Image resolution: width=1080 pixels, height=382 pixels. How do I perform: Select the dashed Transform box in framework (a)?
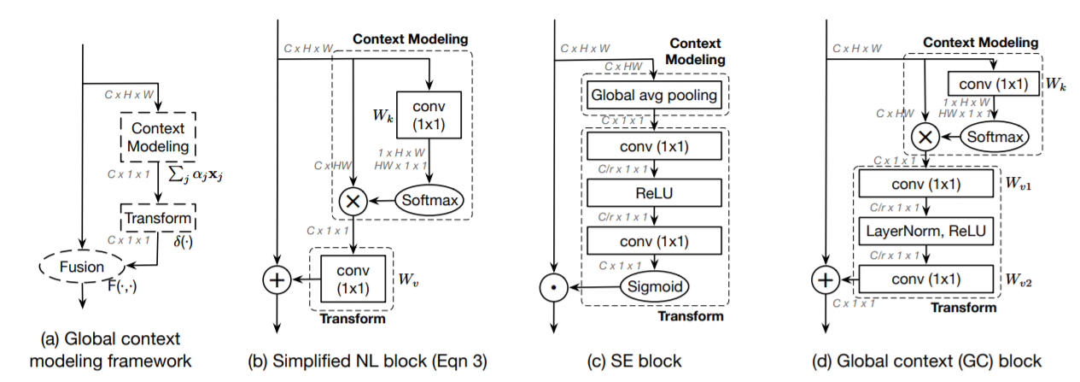point(158,218)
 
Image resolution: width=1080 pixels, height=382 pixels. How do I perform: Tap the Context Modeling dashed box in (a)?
point(158,138)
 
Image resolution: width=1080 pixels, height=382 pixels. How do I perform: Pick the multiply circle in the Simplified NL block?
point(353,202)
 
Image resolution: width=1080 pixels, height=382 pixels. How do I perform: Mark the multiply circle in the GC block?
point(927,136)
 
